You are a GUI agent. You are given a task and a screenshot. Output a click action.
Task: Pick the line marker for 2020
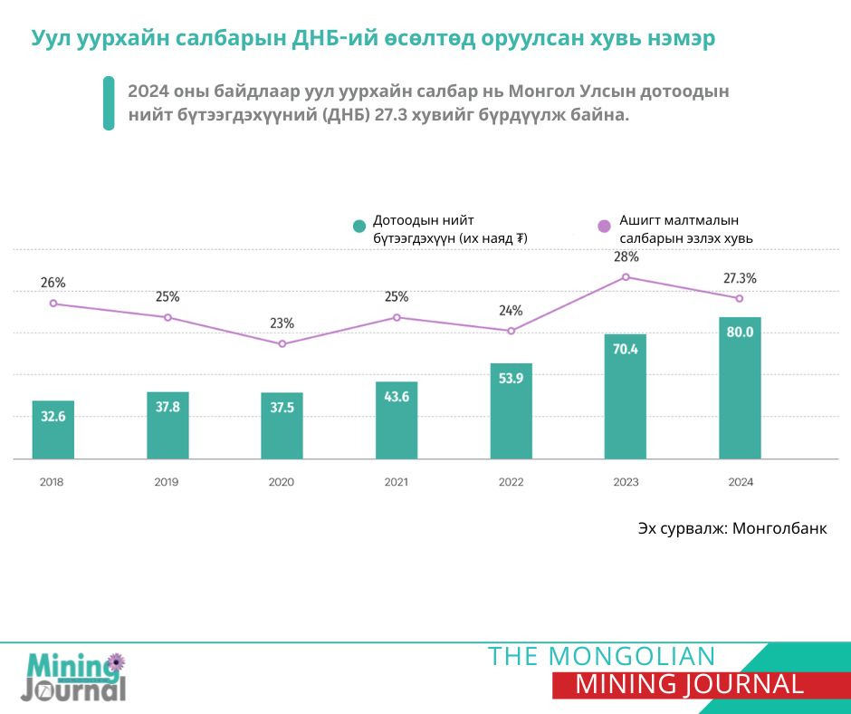(282, 344)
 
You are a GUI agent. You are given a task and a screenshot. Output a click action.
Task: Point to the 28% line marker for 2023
(626, 276)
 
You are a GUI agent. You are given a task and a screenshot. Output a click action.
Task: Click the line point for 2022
(511, 331)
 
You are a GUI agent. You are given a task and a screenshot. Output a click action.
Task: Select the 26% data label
(53, 283)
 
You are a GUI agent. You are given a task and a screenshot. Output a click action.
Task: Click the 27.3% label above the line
(740, 278)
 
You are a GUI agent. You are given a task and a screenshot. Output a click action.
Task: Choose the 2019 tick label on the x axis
(167, 482)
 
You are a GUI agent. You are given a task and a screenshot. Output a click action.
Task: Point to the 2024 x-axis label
(741, 482)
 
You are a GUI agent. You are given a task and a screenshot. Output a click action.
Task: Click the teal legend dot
(359, 227)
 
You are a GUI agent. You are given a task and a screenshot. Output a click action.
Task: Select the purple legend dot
(605, 226)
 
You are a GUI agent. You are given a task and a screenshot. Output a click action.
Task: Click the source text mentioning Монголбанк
(731, 528)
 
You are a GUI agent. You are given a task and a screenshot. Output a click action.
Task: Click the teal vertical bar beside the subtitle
(109, 103)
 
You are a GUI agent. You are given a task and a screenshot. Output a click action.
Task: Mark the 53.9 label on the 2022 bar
(511, 378)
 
